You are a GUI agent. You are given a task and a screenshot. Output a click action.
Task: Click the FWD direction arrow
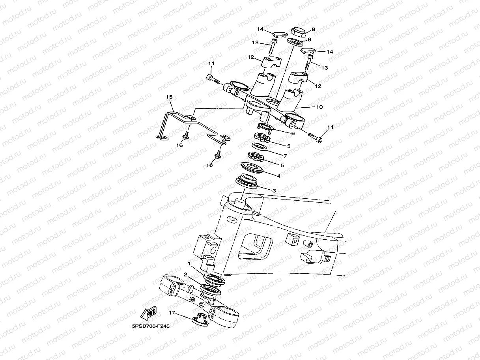[148, 313]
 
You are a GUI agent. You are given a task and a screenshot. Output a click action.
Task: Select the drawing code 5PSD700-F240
[151, 326]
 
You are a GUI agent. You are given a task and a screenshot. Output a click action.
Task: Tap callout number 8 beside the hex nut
[314, 29]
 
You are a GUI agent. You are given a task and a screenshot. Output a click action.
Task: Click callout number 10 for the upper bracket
[319, 107]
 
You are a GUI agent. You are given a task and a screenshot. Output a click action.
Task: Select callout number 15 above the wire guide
[169, 97]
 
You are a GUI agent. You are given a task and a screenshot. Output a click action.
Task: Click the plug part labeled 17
[200, 319]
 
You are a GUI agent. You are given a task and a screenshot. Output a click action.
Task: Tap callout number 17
[172, 313]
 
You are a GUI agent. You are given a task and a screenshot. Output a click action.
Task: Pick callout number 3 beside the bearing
[274, 190]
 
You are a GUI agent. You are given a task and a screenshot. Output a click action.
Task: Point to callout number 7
[285, 156]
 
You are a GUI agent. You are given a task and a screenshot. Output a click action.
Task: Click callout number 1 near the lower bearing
[189, 264]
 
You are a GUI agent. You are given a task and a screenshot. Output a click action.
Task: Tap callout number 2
[185, 274]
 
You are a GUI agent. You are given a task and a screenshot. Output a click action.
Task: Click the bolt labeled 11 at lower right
[316, 137]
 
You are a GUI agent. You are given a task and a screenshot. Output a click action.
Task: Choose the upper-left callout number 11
[211, 63]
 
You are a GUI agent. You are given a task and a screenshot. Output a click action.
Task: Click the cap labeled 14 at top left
[280, 34]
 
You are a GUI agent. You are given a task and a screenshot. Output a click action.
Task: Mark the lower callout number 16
[209, 165]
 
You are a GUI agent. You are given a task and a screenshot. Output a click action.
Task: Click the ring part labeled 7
[259, 147]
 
